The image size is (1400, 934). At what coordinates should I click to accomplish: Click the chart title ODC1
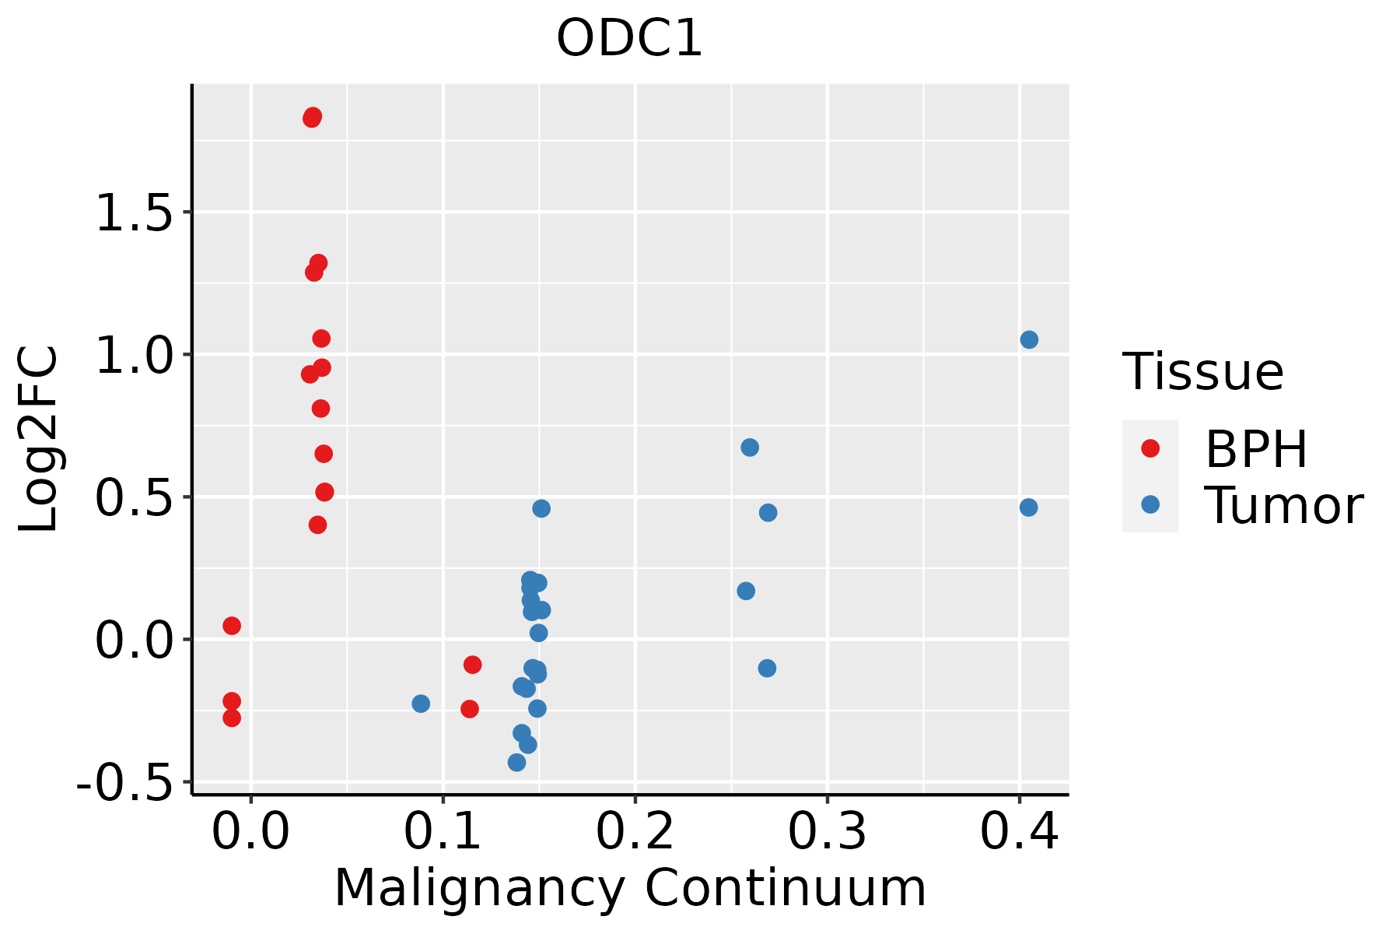point(629,39)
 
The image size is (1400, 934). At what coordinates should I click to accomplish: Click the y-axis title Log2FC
point(39,439)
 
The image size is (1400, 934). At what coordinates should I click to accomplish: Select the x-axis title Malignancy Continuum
point(630,888)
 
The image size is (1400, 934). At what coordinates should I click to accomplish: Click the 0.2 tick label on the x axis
point(635,832)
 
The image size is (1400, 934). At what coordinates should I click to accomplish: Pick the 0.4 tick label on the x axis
point(1019,832)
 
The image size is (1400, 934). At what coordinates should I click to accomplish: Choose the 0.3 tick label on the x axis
point(827,832)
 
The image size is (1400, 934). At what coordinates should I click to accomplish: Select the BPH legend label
point(1256,449)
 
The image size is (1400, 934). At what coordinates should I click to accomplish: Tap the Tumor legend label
point(1283,506)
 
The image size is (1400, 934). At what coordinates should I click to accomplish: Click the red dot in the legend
point(1150,448)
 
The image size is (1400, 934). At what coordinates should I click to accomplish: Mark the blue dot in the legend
point(1150,504)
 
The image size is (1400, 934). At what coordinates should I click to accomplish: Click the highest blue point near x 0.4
point(1029,340)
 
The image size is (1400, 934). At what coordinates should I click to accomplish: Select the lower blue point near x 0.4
point(1028,507)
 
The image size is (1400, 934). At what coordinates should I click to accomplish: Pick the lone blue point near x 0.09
point(421,704)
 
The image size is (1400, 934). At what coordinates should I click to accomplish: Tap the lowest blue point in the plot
point(516,763)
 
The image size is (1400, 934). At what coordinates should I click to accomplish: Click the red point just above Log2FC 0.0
point(232,626)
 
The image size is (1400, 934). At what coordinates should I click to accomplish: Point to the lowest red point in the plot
point(232,718)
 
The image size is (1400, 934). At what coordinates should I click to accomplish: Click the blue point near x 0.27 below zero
point(767,669)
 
